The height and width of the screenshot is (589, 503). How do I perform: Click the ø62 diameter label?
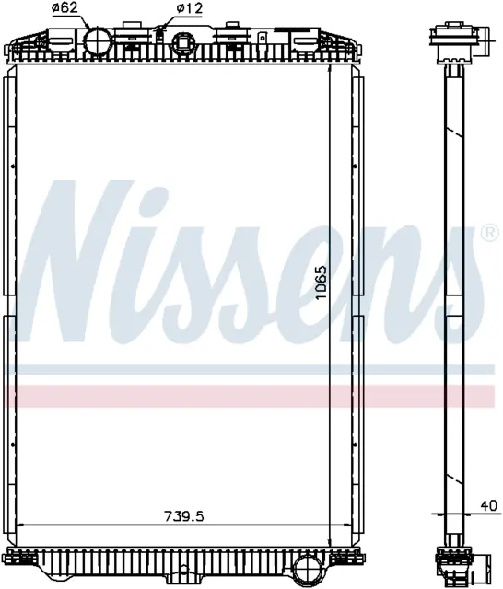[64, 8]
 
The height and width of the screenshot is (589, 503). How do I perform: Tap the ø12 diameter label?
[190, 8]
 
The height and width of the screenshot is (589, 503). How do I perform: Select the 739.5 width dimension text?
[184, 516]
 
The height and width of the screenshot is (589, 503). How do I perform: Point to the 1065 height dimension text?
[322, 283]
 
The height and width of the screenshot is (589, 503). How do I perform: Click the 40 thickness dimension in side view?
[489, 505]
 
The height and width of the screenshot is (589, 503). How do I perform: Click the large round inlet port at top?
[99, 42]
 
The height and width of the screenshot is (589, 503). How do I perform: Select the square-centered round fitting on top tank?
[183, 42]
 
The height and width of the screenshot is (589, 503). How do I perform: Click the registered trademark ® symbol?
[490, 233]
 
